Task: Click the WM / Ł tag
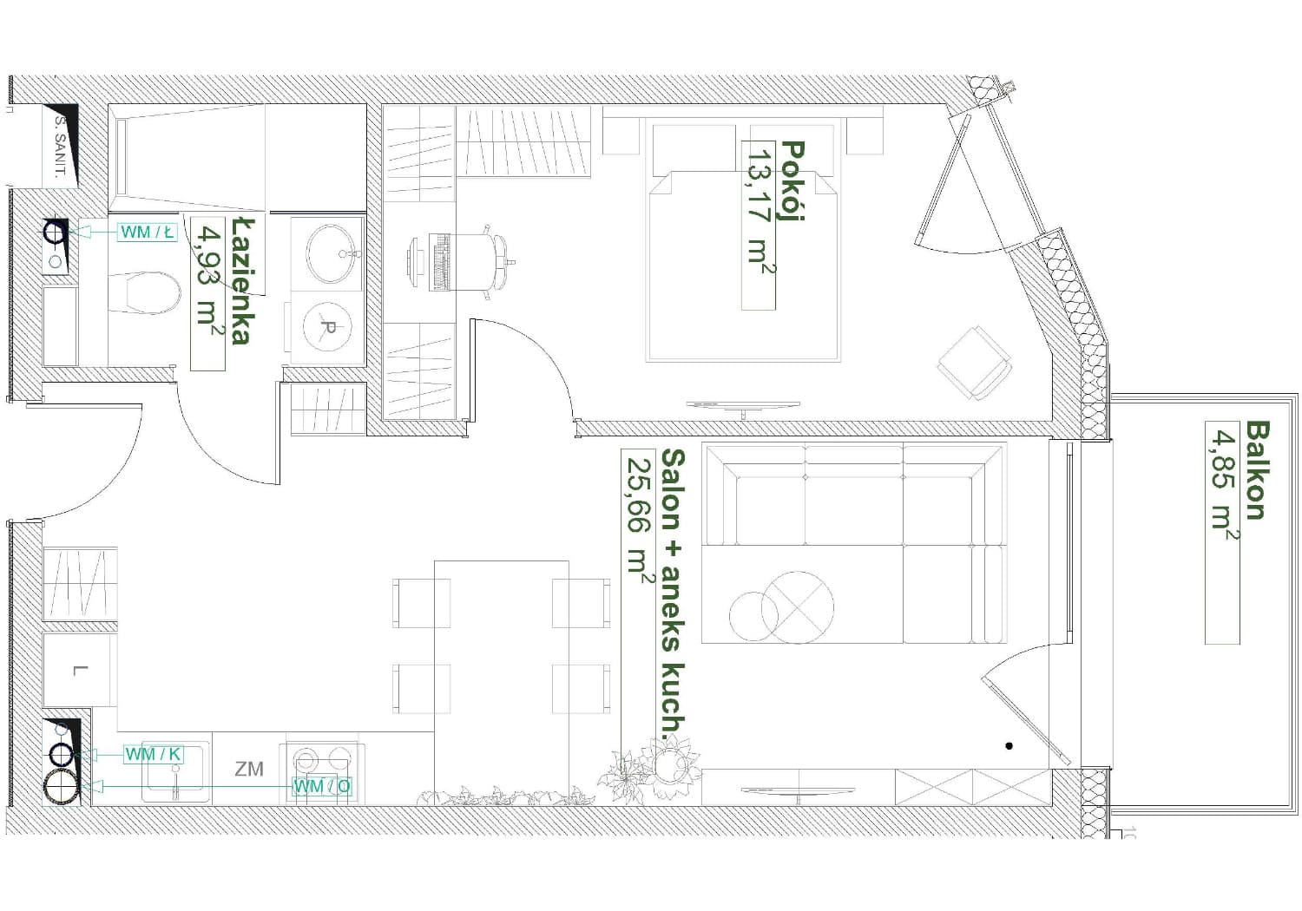(x=147, y=233)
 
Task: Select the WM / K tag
(x=154, y=754)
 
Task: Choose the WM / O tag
(x=322, y=786)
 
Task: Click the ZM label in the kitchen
(x=249, y=770)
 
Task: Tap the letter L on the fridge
(x=80, y=671)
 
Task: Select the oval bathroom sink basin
(x=331, y=253)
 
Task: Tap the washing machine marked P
(x=327, y=328)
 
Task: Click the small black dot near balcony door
(x=1009, y=745)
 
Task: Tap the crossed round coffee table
(x=798, y=607)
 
